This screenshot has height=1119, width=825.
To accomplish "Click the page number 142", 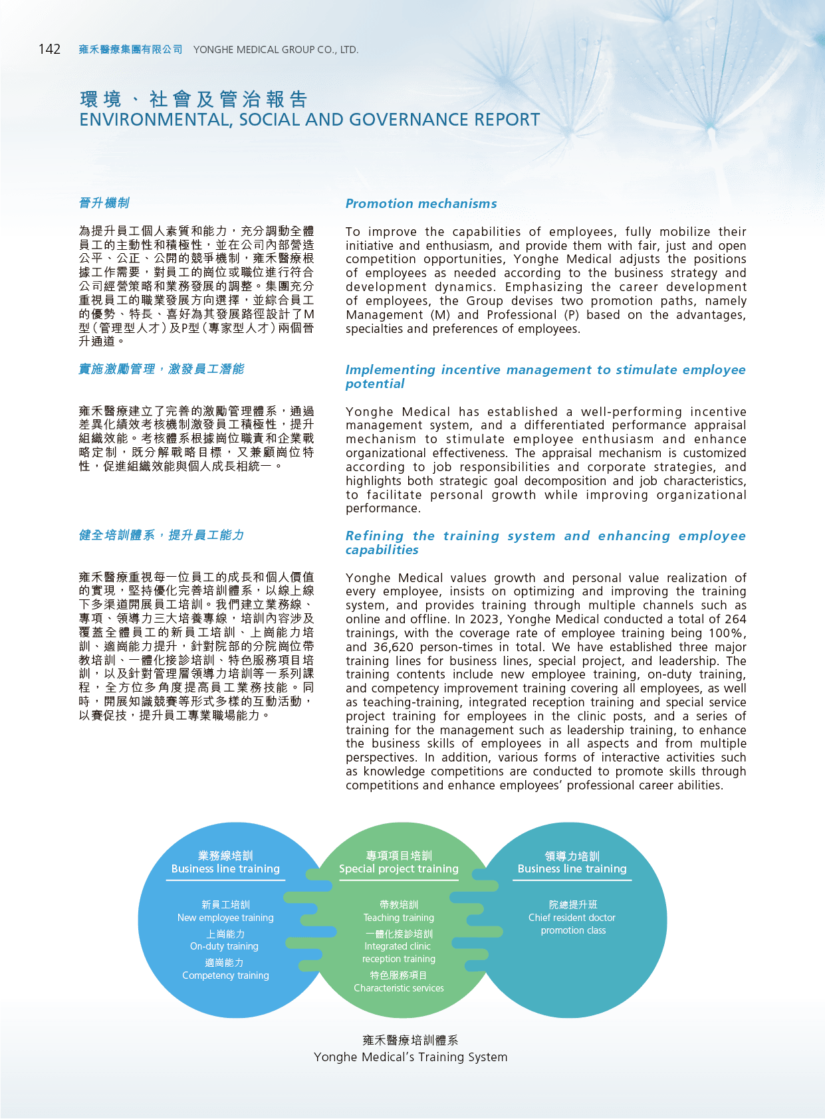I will [49, 49].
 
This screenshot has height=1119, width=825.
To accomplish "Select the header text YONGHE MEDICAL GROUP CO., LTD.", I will [276, 50].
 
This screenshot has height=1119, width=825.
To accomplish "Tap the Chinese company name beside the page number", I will [130, 50].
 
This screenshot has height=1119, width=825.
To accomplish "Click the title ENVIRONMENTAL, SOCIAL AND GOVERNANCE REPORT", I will [309, 120].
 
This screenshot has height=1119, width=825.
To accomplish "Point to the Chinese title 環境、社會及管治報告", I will [194, 99].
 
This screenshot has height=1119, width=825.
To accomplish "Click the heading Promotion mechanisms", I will [421, 203].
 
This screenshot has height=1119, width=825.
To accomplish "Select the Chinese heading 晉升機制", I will [104, 203].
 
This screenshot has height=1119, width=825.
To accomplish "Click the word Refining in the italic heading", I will [374, 536].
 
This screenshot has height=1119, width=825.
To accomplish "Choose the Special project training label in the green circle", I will [399, 868].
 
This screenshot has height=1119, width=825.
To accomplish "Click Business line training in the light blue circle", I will [225, 868].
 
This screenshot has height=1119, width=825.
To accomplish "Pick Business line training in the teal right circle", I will [572, 868].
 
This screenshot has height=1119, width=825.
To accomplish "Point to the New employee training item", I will [225, 918].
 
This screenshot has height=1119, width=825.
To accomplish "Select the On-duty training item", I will [224, 946].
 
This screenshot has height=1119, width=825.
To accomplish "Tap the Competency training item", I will [225, 975].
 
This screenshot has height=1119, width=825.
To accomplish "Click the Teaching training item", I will [399, 918].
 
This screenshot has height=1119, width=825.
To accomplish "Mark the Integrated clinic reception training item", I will [398, 952].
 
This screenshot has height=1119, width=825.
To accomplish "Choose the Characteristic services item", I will [399, 988].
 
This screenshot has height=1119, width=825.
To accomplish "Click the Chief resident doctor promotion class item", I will [572, 924].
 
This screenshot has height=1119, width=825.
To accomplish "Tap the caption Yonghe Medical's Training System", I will [410, 1057].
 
